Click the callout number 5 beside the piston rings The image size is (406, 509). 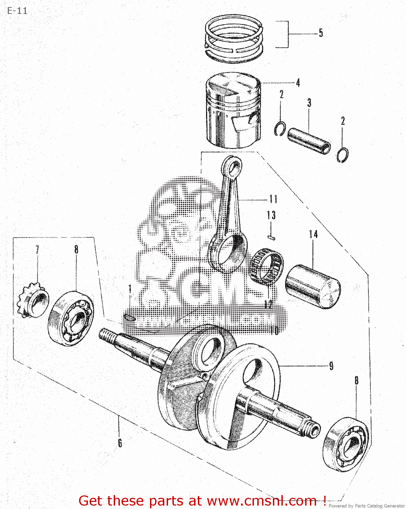click(x=321, y=33)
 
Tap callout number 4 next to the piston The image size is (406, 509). click(x=298, y=82)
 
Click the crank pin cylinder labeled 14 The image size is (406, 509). click(x=312, y=287)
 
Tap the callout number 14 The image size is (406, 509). click(x=313, y=234)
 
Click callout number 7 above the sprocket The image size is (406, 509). click(x=37, y=250)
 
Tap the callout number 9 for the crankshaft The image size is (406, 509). click(x=331, y=366)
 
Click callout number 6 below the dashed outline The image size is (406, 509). click(x=120, y=443)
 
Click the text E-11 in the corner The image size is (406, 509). click(x=17, y=11)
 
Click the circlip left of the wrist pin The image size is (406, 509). click(x=280, y=129)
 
